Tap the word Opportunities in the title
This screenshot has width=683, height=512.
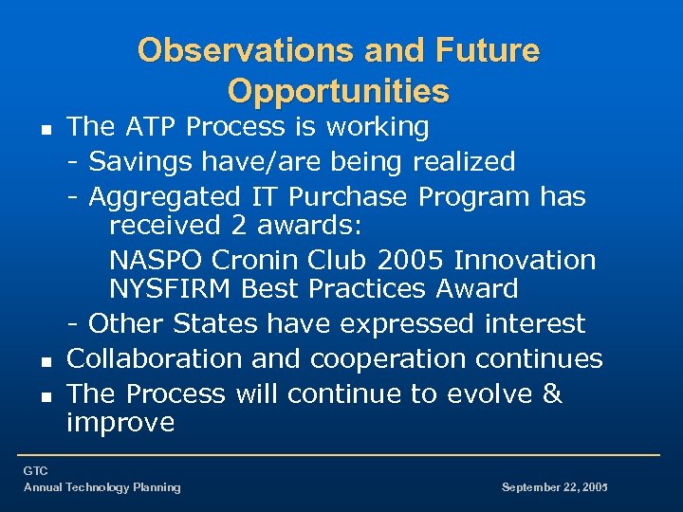339,91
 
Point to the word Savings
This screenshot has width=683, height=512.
140,161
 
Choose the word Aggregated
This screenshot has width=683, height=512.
165,196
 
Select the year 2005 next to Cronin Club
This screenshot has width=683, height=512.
411,260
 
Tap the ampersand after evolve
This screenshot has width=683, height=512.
552,393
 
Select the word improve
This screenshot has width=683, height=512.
120,422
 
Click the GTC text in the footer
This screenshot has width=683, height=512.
36,470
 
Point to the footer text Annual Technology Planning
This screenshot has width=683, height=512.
102,487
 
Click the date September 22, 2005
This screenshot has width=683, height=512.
553,487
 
